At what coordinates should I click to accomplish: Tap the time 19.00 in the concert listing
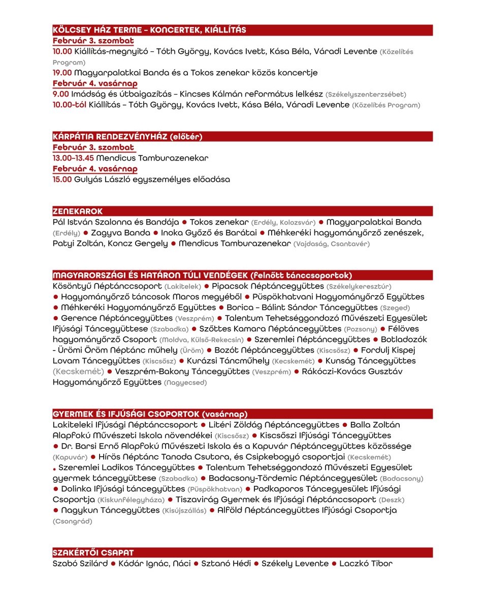(62, 73)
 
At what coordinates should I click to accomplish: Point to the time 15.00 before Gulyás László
(62, 179)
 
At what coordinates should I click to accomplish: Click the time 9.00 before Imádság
(60, 94)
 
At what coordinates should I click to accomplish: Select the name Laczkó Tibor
(366, 563)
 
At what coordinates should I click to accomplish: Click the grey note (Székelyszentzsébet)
(366, 95)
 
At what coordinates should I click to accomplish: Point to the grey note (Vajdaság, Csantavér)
(332, 244)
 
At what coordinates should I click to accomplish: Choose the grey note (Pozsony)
(361, 329)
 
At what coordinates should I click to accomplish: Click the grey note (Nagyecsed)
(185, 383)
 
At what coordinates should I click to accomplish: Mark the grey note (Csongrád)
(73, 521)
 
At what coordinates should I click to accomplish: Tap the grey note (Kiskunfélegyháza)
(131, 500)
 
